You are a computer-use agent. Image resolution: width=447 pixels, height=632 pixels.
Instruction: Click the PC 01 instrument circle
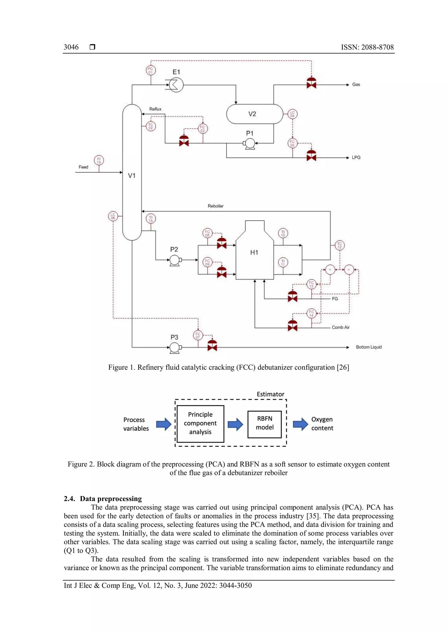coord(151,70)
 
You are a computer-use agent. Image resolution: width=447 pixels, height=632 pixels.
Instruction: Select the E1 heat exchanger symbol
coord(176,85)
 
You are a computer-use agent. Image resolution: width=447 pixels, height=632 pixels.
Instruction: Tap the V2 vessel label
coord(252,114)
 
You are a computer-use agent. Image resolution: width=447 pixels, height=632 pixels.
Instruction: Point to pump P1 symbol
coord(250,143)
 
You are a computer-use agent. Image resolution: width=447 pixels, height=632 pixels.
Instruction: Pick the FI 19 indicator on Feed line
coord(99,160)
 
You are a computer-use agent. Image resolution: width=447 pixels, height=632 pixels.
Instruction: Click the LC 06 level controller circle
coord(113,216)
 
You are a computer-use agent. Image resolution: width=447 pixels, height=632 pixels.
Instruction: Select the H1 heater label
coord(254,252)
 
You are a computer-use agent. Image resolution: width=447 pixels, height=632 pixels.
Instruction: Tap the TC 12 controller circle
coord(339,245)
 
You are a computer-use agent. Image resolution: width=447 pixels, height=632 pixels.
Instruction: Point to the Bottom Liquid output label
coord(369,347)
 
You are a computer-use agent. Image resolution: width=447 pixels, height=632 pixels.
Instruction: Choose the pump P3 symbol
coord(175,348)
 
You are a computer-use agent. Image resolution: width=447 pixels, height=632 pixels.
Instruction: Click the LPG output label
coord(356,157)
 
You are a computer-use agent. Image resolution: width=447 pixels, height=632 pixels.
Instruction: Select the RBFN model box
coord(265,424)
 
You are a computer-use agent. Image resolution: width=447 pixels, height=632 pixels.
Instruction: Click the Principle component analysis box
coord(200,423)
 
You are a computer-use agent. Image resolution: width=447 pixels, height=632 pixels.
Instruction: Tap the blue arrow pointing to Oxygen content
coord(300,424)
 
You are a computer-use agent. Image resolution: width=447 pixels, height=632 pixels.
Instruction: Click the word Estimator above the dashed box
coord(270,394)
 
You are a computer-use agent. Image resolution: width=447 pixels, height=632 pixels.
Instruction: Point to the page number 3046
coord(71,47)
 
